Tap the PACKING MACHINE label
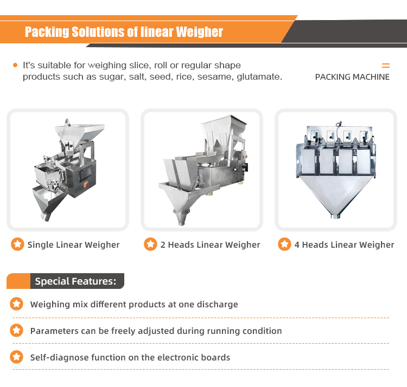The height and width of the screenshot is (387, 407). coord(352,77)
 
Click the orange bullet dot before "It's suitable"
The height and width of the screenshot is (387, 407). coord(15,65)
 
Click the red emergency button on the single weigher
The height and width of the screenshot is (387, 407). coord(86,185)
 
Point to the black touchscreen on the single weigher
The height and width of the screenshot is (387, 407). coord(85,172)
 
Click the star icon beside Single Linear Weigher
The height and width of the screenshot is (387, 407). coord(17,244)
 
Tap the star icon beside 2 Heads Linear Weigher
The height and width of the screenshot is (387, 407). coord(150,244)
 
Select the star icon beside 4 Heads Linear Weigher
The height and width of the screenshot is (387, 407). coord(284,244)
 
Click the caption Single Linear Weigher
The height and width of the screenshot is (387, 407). coord(73,244)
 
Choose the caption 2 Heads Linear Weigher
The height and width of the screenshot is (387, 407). coord(210,244)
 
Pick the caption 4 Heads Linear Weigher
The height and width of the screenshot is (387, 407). coord(344,244)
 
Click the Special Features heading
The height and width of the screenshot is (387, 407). coord(75,281)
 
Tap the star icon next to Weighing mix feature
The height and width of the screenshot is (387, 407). coord(16,304)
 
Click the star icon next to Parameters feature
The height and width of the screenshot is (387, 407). coord(16,331)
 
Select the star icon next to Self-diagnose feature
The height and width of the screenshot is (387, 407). coord(16,357)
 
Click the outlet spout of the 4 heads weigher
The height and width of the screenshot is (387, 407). coord(335,216)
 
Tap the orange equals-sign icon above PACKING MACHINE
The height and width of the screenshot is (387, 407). coord(386,66)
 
